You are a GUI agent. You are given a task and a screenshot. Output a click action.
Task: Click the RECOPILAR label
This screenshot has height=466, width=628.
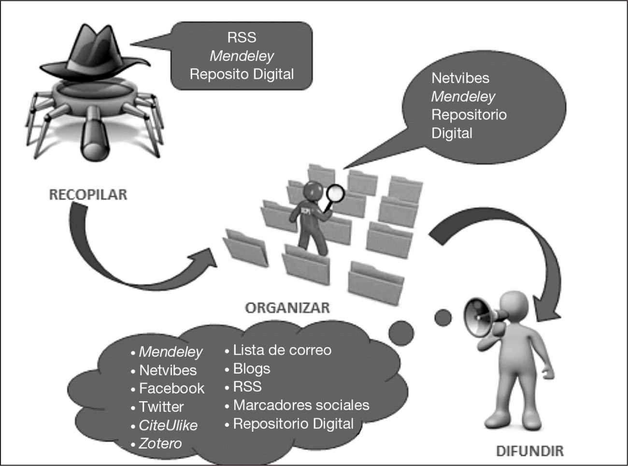click(x=88, y=195)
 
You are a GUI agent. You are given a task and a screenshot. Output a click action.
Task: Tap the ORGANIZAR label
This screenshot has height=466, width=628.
click(x=287, y=307)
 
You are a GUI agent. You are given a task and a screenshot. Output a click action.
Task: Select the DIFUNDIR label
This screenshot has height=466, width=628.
click(x=529, y=451)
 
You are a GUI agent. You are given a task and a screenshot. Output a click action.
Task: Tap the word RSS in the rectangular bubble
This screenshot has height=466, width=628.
click(x=242, y=37)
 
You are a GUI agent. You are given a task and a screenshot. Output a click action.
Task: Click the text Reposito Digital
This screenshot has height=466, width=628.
click(x=242, y=74)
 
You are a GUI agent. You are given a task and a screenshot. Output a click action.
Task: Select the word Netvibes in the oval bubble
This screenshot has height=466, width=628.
click(x=460, y=78)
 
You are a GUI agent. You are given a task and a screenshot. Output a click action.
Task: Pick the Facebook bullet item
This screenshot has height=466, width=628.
click(x=171, y=388)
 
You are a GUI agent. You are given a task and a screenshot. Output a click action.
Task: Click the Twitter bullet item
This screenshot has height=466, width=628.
click(x=161, y=407)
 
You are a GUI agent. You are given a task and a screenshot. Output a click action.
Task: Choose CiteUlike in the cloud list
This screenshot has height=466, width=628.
click(x=168, y=425)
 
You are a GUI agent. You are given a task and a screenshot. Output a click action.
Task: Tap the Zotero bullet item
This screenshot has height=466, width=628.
click(x=160, y=443)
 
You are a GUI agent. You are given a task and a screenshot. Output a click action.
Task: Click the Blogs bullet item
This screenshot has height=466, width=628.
click(x=251, y=368)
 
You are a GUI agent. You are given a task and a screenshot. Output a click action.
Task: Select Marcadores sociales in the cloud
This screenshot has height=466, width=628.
click(x=301, y=405)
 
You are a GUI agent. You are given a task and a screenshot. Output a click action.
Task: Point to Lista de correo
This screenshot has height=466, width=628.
click(x=282, y=350)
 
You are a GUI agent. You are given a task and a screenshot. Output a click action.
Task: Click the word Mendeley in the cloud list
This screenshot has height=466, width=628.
click(x=171, y=351)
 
